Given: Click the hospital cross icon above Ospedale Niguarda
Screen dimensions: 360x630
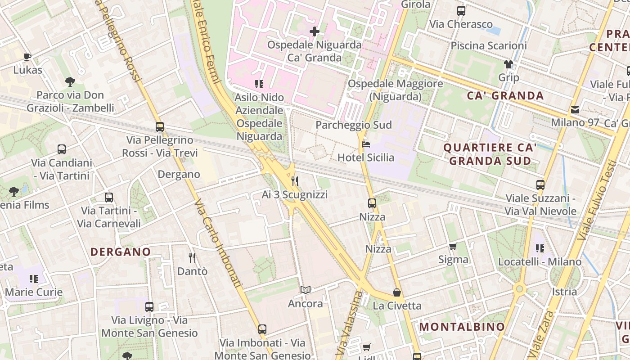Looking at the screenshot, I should [x=315, y=31].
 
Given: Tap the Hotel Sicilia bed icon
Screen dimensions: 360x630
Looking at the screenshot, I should [x=366, y=145].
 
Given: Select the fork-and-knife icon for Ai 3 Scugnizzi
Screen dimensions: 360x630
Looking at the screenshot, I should [x=295, y=181].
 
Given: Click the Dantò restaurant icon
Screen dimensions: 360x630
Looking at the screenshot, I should [x=192, y=258].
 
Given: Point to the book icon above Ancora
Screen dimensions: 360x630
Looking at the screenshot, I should [x=306, y=290].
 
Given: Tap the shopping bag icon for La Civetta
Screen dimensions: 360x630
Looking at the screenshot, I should [x=397, y=292].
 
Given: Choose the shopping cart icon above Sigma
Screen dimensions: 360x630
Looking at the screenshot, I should [x=453, y=246].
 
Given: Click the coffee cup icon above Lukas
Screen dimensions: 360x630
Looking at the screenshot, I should [x=27, y=57].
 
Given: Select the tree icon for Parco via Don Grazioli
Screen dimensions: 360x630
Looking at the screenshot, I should [x=70, y=81].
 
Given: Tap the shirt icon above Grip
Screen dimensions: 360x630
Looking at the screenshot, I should [x=508, y=64].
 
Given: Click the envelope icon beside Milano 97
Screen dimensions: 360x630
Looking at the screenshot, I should [x=575, y=110].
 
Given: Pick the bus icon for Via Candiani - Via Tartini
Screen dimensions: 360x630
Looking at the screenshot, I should [x=62, y=149].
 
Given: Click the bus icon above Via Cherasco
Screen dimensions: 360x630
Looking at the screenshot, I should [x=461, y=11].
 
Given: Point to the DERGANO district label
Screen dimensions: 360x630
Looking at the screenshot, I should [x=121, y=252].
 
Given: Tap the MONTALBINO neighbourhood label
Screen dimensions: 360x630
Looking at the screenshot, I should [x=462, y=327].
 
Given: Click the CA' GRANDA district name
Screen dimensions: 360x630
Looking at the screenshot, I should [x=505, y=95].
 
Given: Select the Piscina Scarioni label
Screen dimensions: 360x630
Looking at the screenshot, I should [x=489, y=46].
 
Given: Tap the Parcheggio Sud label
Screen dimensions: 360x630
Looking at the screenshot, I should [x=354, y=125].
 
